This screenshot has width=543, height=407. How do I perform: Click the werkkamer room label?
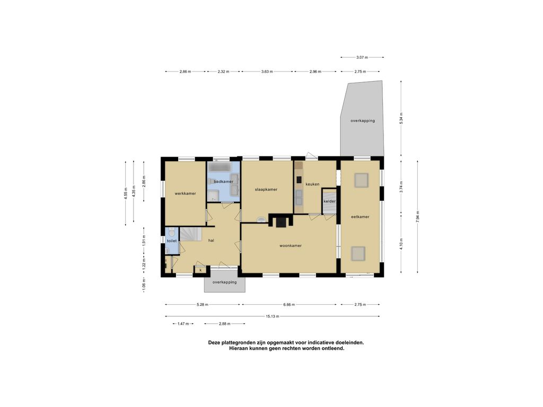pyautogui.click(x=185, y=193)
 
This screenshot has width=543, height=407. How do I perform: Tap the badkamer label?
pyautogui.click(x=223, y=182)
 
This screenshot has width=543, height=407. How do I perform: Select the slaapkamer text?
pyautogui.click(x=266, y=190)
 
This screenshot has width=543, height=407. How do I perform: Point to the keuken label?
pyautogui.click(x=312, y=184)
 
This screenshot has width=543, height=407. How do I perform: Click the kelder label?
pyautogui.click(x=329, y=201)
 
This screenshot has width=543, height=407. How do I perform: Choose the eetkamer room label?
pyautogui.click(x=360, y=217)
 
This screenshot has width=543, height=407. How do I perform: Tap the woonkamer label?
pyautogui.click(x=291, y=246)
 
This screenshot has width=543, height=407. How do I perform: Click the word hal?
pyautogui.click(x=211, y=240)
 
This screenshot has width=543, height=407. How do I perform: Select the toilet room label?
pyautogui.click(x=171, y=241)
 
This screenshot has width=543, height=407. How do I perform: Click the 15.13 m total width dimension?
pyautogui.click(x=273, y=316)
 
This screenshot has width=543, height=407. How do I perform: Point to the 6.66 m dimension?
pyautogui.click(x=290, y=305)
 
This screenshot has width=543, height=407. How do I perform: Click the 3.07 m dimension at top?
pyautogui.click(x=362, y=57)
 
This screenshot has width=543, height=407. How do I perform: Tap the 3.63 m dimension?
pyautogui.click(x=267, y=72)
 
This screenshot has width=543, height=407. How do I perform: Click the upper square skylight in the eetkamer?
pyautogui.click(x=362, y=181)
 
